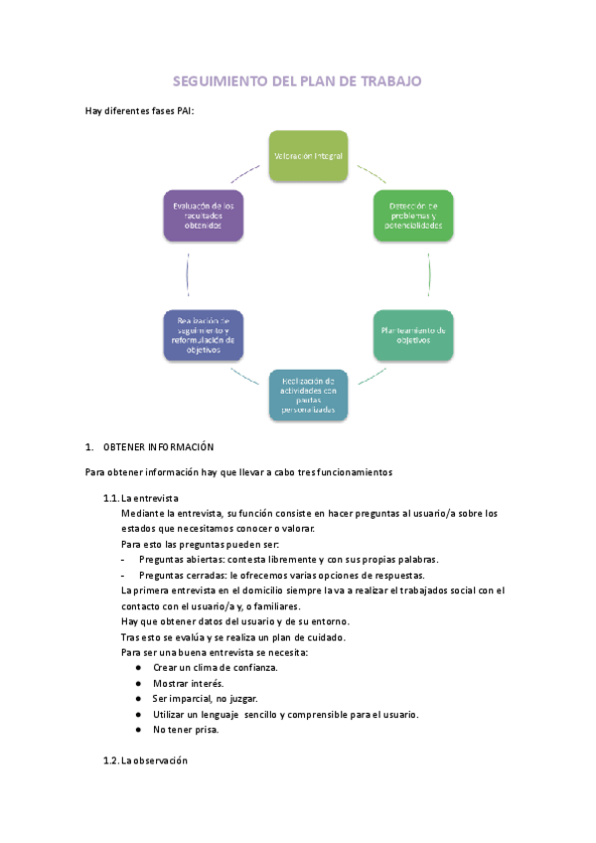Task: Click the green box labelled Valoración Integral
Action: [308, 156]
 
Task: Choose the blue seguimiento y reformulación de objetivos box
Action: [204, 335]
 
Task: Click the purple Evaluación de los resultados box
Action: [204, 215]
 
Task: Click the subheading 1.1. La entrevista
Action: [141, 497]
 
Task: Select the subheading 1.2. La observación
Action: [145, 761]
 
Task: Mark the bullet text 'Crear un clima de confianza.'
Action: [215, 667]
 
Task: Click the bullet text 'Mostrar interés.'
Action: [188, 683]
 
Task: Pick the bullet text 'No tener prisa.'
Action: [186, 730]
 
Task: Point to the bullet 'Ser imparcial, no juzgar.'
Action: [206, 699]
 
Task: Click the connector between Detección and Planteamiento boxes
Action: [428, 275]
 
